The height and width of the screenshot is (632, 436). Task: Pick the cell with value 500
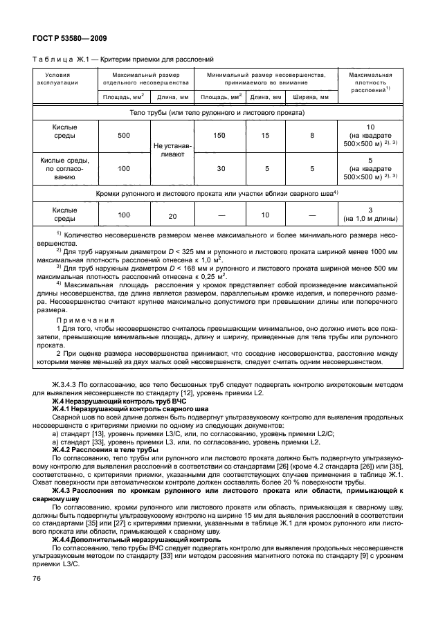tap(123, 136)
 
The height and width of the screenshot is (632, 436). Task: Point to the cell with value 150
tap(220, 136)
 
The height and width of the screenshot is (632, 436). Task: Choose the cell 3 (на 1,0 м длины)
tap(370, 215)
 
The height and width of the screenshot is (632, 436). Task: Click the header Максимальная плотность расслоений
tap(370, 82)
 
